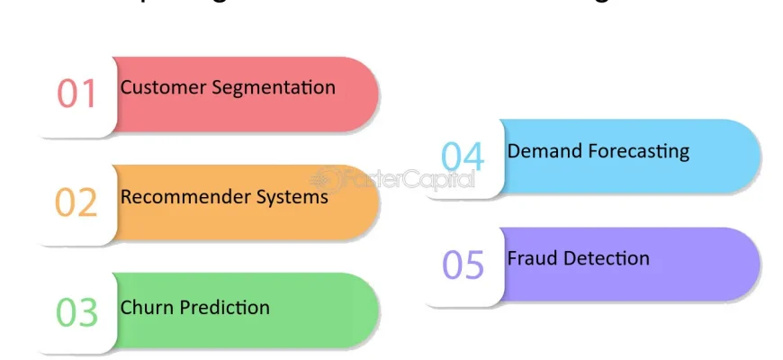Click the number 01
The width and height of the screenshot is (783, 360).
point(76,94)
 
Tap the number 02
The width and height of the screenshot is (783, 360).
point(76,202)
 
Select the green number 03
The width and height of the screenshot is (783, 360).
point(76,311)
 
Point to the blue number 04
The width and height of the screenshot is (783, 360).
point(463,157)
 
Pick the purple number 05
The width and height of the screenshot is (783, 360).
point(463,265)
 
